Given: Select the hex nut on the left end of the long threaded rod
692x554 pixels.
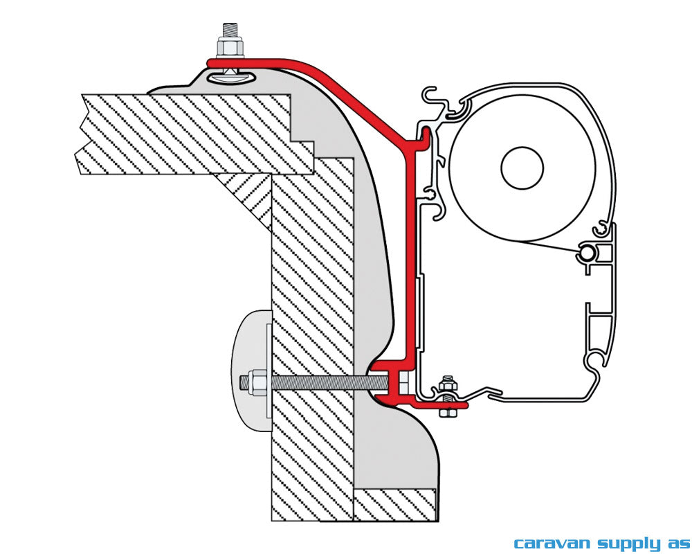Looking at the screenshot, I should coord(254,382).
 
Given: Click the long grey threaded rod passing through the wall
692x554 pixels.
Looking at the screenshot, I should coord(318,382).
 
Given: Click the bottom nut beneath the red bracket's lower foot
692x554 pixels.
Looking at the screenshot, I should coord(447,411).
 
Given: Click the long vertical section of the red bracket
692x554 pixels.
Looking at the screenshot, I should coord(411,263).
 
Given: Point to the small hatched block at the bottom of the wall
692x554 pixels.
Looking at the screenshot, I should coord(394,504).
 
